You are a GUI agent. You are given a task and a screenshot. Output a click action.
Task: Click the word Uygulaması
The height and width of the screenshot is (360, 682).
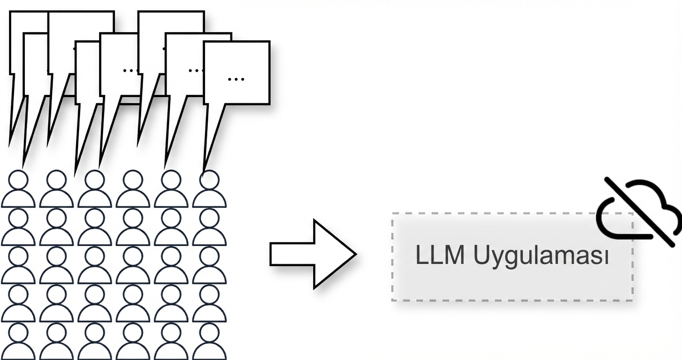click(x=541, y=257)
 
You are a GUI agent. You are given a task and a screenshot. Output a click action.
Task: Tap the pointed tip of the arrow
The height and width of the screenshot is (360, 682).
click(x=355, y=254)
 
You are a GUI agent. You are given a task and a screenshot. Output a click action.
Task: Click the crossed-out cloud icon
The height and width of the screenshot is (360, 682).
click(x=639, y=211)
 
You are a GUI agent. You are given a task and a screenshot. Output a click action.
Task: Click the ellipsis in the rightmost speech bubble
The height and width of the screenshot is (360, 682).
click(x=236, y=78)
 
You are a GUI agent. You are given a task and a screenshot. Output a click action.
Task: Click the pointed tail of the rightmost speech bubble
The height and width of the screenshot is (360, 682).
click(x=206, y=168)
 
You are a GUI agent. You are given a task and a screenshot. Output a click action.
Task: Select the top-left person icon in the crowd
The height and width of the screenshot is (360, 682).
click(x=18, y=190)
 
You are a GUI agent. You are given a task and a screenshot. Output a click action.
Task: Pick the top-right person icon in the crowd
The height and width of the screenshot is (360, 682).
click(x=209, y=190)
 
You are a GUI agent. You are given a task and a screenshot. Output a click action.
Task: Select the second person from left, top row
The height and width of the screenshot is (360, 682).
click(x=57, y=190)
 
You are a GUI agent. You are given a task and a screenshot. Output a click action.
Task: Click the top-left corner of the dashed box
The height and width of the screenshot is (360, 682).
click(x=392, y=214)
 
